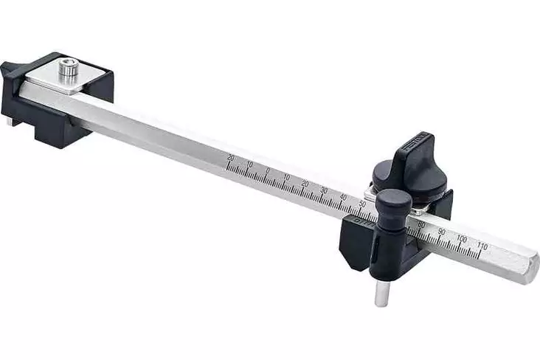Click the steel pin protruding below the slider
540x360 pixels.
click(x=381, y=292)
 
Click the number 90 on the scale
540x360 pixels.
click(x=441, y=232)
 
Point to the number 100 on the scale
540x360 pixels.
click(x=462, y=239)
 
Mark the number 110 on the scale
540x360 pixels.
click(x=482, y=246)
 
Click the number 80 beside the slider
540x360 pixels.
click(x=422, y=224)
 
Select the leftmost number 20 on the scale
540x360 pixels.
click(x=231, y=157)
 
